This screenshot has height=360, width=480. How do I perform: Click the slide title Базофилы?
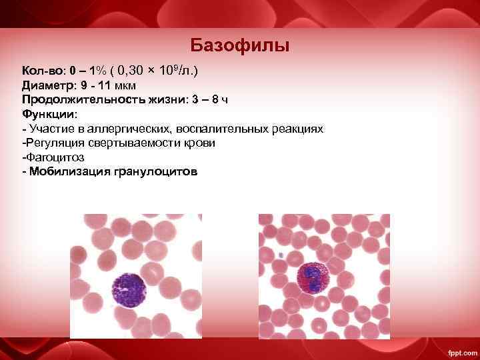(x=239, y=45)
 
